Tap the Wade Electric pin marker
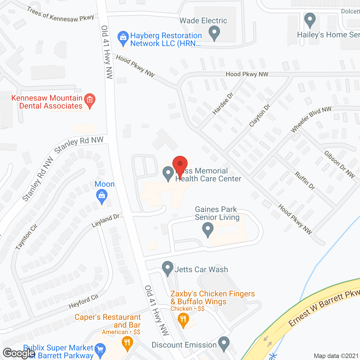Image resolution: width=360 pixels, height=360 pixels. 214,33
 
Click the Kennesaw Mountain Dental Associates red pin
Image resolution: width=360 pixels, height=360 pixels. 90,100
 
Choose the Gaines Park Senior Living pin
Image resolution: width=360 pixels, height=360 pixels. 208,229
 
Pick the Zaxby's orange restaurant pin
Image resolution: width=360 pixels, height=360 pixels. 183,320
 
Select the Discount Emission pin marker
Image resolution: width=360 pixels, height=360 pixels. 224,343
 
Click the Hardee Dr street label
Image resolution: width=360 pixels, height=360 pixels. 223,103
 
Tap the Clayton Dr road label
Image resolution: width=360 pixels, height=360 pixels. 260,115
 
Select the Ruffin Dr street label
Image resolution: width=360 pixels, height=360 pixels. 305,181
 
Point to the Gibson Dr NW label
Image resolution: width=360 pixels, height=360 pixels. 339,165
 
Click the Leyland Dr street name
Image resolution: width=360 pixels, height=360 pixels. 105,221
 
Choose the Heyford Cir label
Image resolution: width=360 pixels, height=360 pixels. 84,301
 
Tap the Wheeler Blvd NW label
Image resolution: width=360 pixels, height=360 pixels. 311,119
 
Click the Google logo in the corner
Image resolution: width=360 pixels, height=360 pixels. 19,353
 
